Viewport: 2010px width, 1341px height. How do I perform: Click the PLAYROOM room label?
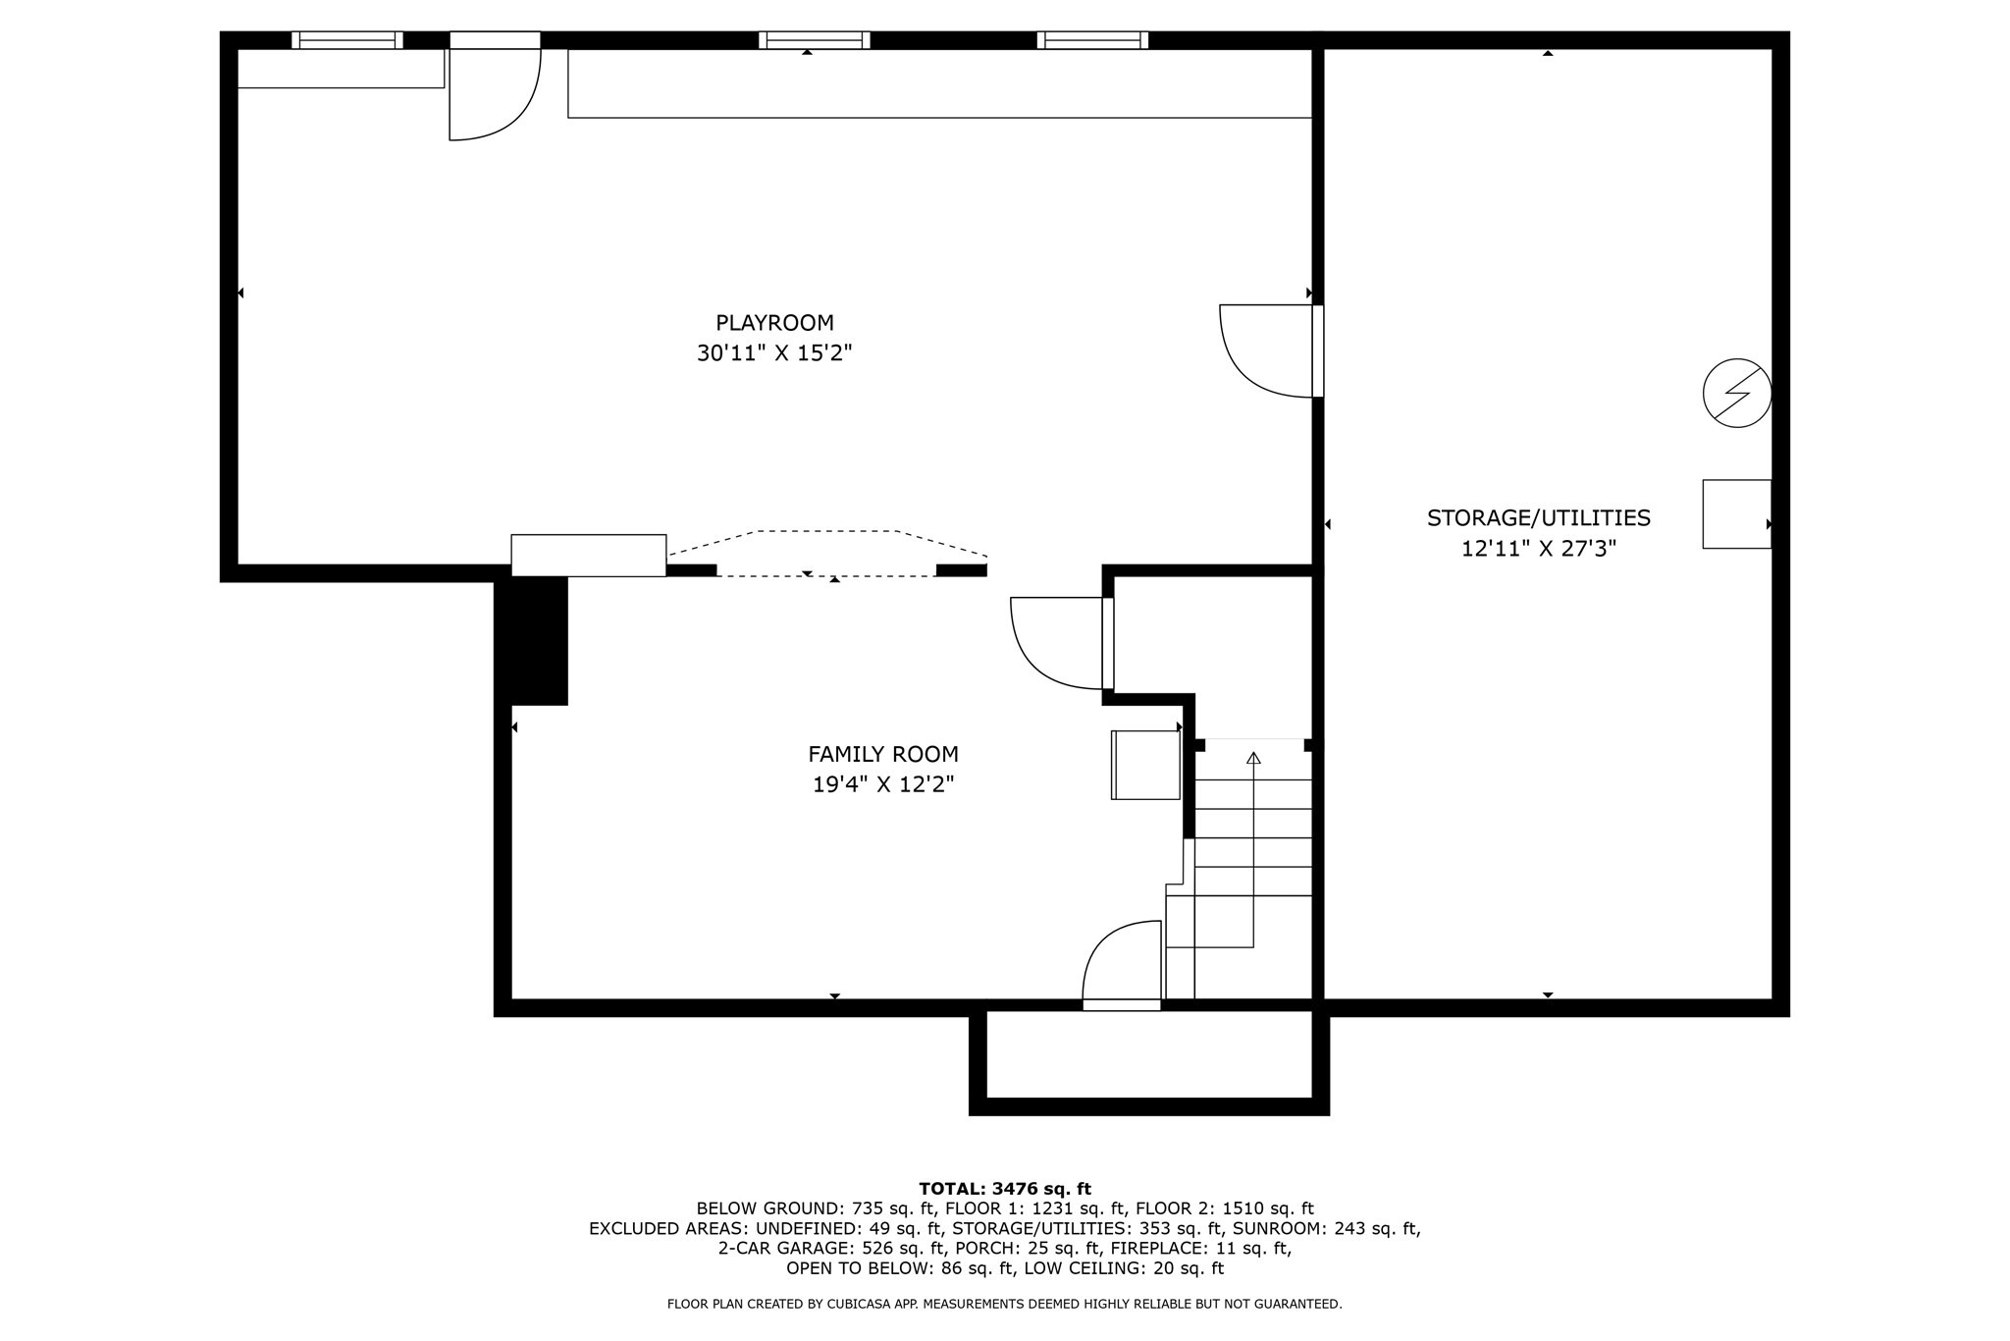774,323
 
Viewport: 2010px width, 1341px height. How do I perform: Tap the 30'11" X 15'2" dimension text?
774,353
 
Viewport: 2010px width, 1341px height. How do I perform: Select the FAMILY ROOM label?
882,754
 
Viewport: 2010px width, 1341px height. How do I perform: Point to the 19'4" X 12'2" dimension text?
882,784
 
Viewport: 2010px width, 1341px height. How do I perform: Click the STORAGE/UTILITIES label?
1538,517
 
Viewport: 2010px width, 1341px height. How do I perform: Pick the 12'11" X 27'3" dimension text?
1538,548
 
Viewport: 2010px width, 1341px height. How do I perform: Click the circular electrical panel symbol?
1736,393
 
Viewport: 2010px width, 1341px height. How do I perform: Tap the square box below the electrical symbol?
1736,513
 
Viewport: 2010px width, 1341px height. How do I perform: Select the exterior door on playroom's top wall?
494,88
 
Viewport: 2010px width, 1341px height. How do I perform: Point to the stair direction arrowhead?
1253,758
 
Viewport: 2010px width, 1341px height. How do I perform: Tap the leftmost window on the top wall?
346,40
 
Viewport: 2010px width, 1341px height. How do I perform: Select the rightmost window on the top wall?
1092,40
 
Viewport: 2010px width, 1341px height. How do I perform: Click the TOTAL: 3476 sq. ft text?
1004,1189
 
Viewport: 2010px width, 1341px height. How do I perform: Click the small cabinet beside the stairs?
1145,765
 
